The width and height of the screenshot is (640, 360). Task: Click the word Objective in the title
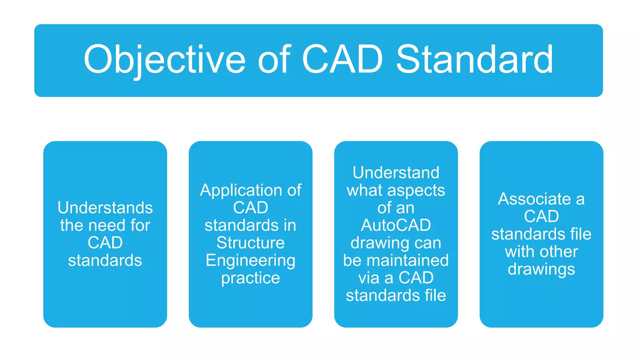[x=164, y=59]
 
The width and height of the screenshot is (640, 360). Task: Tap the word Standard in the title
[x=474, y=59]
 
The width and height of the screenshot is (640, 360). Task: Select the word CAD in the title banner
[x=342, y=59]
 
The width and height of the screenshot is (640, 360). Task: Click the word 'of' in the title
[x=274, y=59]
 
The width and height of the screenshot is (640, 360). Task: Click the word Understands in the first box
[x=105, y=208]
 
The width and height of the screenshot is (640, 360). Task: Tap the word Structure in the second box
[x=250, y=243]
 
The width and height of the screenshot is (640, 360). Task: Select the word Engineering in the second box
[x=250, y=261]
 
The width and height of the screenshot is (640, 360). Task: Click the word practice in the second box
[x=250, y=278]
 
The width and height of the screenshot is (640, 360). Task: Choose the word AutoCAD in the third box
[x=396, y=225]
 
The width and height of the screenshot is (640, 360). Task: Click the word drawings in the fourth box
[x=541, y=269]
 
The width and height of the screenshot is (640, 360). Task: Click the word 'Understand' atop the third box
[x=396, y=173]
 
